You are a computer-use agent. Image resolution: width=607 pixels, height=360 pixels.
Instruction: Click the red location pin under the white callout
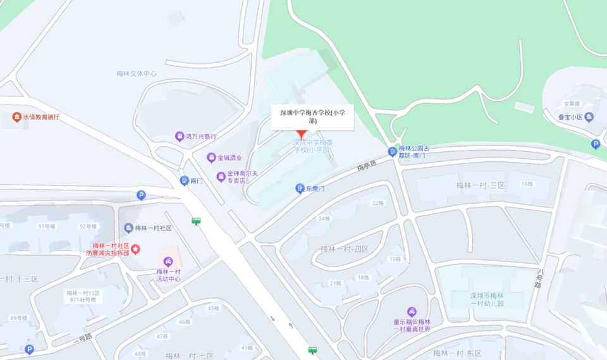click(302, 134)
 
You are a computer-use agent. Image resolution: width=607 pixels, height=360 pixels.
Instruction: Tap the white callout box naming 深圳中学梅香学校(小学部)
click(312, 116)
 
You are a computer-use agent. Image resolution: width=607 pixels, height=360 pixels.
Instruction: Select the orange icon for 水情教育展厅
click(16, 117)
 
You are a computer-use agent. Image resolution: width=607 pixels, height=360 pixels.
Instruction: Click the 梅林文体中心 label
click(137, 73)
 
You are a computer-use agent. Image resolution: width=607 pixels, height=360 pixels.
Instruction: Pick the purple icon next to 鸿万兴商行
click(180, 137)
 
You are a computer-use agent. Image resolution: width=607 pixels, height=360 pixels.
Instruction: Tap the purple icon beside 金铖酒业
click(211, 158)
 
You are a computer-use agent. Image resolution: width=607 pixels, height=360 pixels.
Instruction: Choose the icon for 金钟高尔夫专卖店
click(221, 177)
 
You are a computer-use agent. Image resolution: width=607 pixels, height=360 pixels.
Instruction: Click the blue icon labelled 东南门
click(300, 189)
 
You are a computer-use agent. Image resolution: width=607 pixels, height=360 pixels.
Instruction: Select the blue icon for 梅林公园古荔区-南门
click(393, 152)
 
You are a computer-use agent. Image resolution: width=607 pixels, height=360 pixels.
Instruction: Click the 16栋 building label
click(527, 183)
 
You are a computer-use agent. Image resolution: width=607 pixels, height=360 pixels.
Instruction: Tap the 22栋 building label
click(377, 203)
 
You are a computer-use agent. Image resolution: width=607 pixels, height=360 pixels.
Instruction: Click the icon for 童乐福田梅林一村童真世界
click(412, 311)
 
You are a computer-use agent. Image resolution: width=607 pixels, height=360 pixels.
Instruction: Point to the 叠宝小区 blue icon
click(589, 117)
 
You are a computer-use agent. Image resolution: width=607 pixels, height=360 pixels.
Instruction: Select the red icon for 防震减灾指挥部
click(135, 249)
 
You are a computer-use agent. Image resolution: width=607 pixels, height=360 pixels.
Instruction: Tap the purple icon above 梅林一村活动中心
click(168, 261)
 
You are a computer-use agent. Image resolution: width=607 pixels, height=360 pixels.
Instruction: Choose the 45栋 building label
click(213, 308)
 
